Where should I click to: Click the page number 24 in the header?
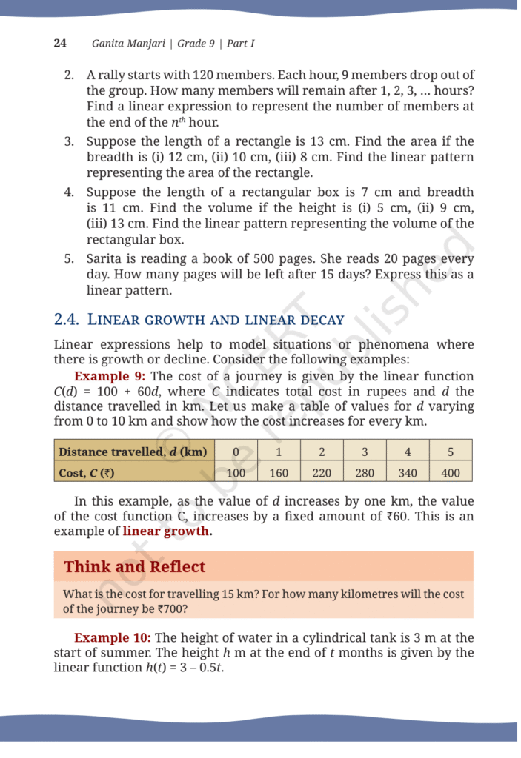60,43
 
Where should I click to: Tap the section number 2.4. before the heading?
67,320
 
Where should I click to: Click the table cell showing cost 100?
236,472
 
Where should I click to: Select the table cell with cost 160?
279,472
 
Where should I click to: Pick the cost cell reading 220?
322,472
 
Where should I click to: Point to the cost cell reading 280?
365,472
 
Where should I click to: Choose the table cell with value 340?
408,472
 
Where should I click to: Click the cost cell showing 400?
451,472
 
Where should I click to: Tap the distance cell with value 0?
236,451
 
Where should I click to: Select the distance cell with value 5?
451,451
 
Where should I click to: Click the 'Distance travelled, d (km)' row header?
133,451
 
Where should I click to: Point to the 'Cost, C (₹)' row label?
87,472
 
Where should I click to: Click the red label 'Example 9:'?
109,376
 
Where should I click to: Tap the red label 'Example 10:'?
113,637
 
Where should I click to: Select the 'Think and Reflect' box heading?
134,567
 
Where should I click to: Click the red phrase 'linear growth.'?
167,531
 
